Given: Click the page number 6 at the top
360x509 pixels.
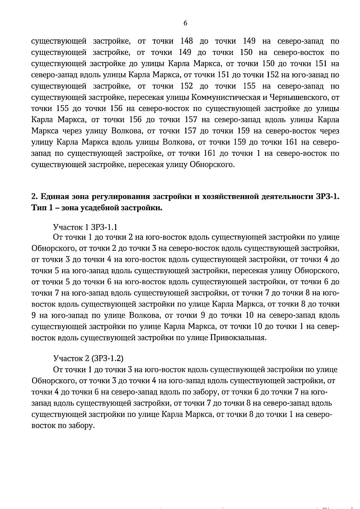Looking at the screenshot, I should coord(185,23).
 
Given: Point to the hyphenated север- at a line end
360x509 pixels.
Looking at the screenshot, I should coord(328,327).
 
